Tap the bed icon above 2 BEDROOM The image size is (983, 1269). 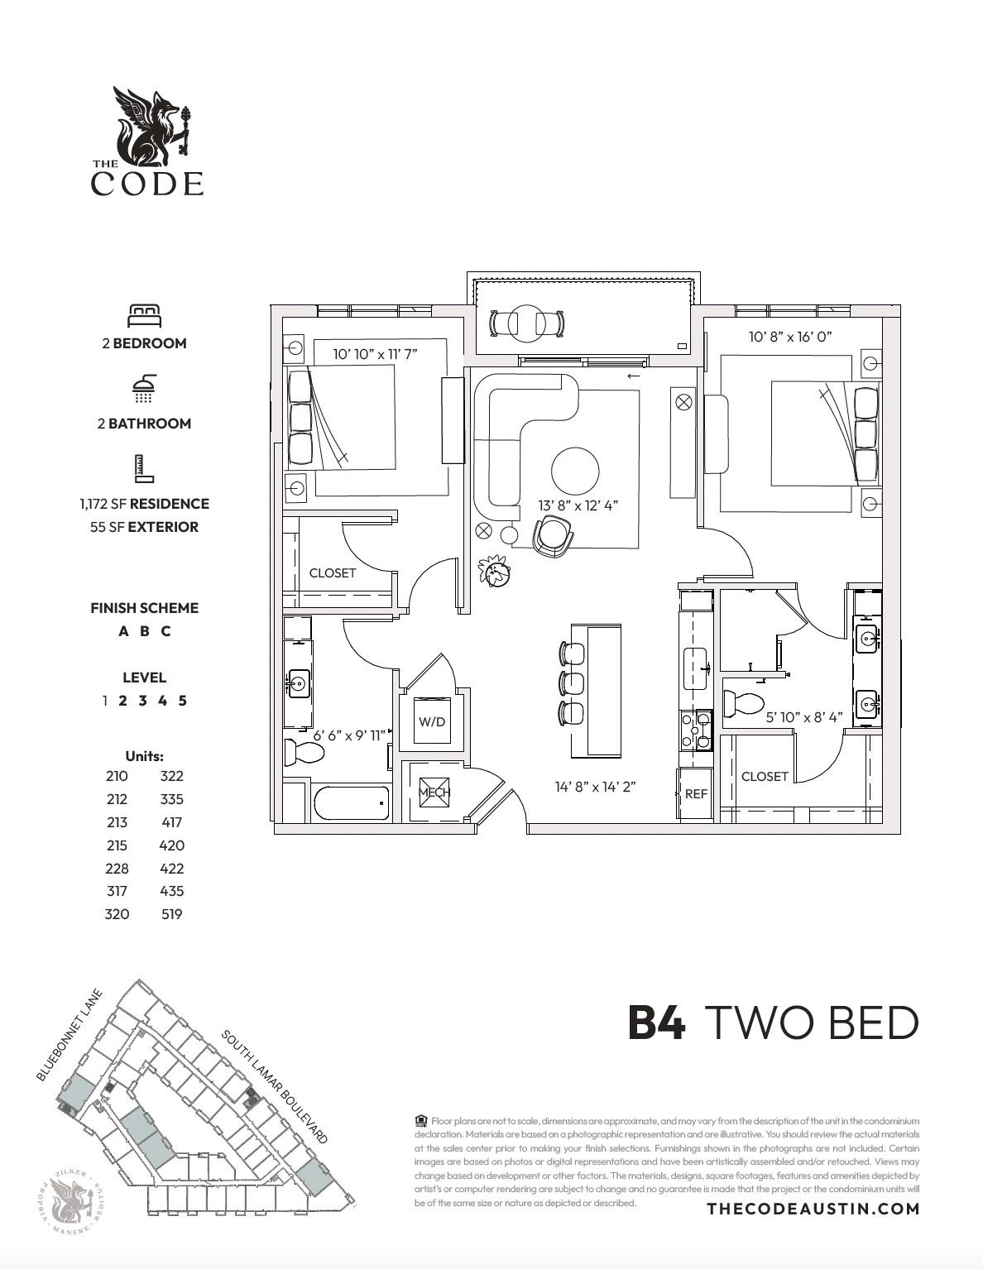[x=144, y=315]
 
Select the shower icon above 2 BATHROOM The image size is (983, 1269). [x=144, y=388]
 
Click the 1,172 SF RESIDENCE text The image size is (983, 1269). [x=145, y=504]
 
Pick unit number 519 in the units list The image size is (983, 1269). [x=171, y=914]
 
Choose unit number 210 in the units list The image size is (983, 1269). [x=117, y=776]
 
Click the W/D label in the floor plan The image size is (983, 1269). [x=431, y=721]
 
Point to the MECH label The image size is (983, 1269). [x=434, y=792]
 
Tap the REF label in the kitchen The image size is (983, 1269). [x=696, y=794]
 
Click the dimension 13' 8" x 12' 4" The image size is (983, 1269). [x=578, y=505]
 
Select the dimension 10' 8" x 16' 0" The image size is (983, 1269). [x=789, y=337]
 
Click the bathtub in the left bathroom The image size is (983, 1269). [x=352, y=802]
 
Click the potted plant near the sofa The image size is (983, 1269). [x=495, y=571]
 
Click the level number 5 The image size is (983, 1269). [x=182, y=701]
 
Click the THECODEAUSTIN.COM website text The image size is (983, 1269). [x=813, y=1209]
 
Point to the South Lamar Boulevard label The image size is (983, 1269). [x=274, y=1086]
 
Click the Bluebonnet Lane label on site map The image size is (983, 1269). [x=69, y=1035]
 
